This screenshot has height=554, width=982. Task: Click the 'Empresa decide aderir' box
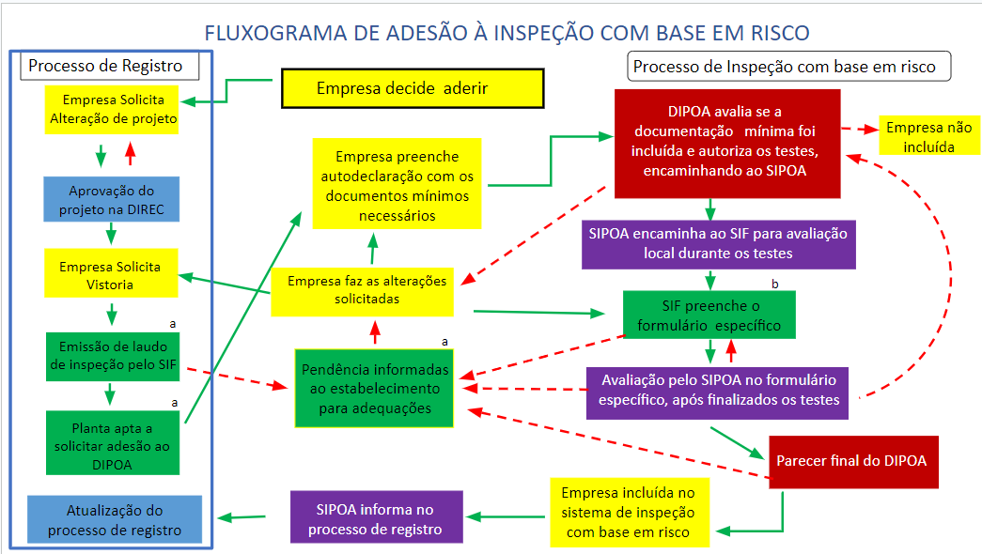(413, 88)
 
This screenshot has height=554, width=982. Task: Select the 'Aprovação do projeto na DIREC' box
(112, 199)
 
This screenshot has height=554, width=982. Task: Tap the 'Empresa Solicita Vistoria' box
(112, 273)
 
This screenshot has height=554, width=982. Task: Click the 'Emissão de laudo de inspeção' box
(113, 356)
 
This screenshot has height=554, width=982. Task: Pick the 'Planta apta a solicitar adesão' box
(113, 442)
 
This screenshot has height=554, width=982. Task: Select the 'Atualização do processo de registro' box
(115, 519)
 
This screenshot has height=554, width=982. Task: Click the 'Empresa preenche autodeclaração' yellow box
(397, 183)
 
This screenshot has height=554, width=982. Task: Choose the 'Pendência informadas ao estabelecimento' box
(375, 388)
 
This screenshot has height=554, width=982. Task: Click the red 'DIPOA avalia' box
(727, 144)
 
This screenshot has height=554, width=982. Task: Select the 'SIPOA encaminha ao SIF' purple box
(718, 244)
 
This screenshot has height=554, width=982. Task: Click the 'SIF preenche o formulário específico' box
(709, 315)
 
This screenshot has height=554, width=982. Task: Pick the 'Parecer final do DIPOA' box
(853, 462)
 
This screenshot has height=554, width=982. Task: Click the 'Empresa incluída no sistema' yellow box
(630, 513)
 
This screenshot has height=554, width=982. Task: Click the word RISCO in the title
(780, 33)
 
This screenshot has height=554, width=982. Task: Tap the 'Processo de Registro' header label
(105, 66)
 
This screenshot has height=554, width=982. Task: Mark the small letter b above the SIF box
(774, 284)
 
